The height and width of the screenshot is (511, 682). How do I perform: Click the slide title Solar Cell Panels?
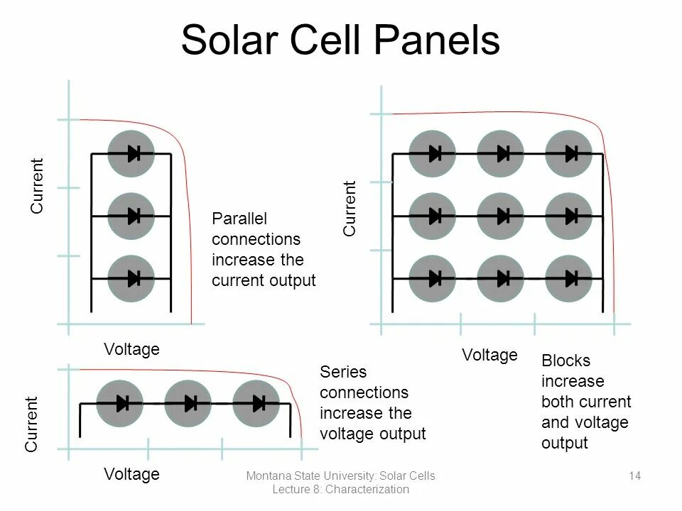tap(340, 40)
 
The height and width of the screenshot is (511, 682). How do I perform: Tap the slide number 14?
tap(635, 476)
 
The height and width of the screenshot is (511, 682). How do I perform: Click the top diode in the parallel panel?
tap(131, 153)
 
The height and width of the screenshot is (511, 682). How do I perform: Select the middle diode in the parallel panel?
tap(131, 216)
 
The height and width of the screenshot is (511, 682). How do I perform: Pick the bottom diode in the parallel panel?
tap(131, 278)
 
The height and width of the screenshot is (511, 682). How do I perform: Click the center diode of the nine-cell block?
tap(501, 216)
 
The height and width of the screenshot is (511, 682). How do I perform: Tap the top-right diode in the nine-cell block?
tap(569, 153)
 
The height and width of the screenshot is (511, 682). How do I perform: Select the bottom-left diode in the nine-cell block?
tap(433, 278)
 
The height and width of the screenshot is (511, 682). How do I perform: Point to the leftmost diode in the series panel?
tap(119, 404)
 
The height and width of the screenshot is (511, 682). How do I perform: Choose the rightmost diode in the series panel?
tap(256, 404)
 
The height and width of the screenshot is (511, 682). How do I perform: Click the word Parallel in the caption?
tap(239, 219)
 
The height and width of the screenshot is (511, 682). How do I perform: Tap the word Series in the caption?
tap(343, 372)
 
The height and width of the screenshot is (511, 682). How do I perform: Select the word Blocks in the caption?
tap(565, 361)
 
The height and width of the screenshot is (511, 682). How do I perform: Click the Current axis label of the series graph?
tap(33, 424)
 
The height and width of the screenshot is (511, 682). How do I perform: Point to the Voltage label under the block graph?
tap(489, 354)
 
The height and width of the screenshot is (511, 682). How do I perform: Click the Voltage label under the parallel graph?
tap(131, 349)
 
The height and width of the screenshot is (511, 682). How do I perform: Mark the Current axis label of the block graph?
tap(350, 209)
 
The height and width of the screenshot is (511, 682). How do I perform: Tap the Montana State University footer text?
tap(340, 476)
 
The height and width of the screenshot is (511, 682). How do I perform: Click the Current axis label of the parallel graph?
tap(37, 185)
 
